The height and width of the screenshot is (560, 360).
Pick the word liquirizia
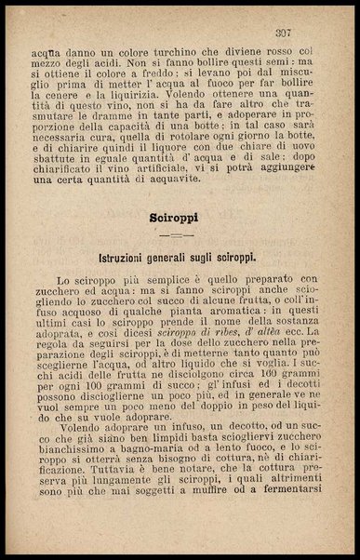pyautogui.click(x=177, y=107)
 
